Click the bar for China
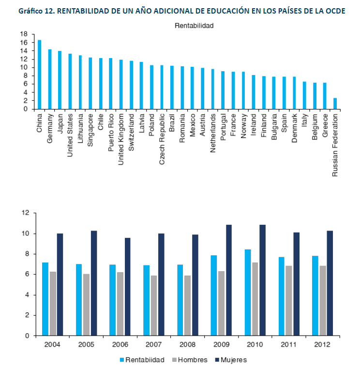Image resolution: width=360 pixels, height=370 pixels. (40, 75)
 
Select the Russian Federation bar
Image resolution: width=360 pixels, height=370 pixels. (335, 104)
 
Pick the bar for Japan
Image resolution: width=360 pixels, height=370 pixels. (60, 80)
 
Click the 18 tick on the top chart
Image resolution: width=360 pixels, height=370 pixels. (24, 34)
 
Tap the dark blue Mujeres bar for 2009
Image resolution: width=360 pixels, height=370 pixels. (229, 280)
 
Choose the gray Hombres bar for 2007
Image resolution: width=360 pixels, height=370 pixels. (154, 306)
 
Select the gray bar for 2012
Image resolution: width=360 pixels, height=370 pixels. (322, 300)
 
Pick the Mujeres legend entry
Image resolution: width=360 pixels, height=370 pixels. (233, 360)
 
